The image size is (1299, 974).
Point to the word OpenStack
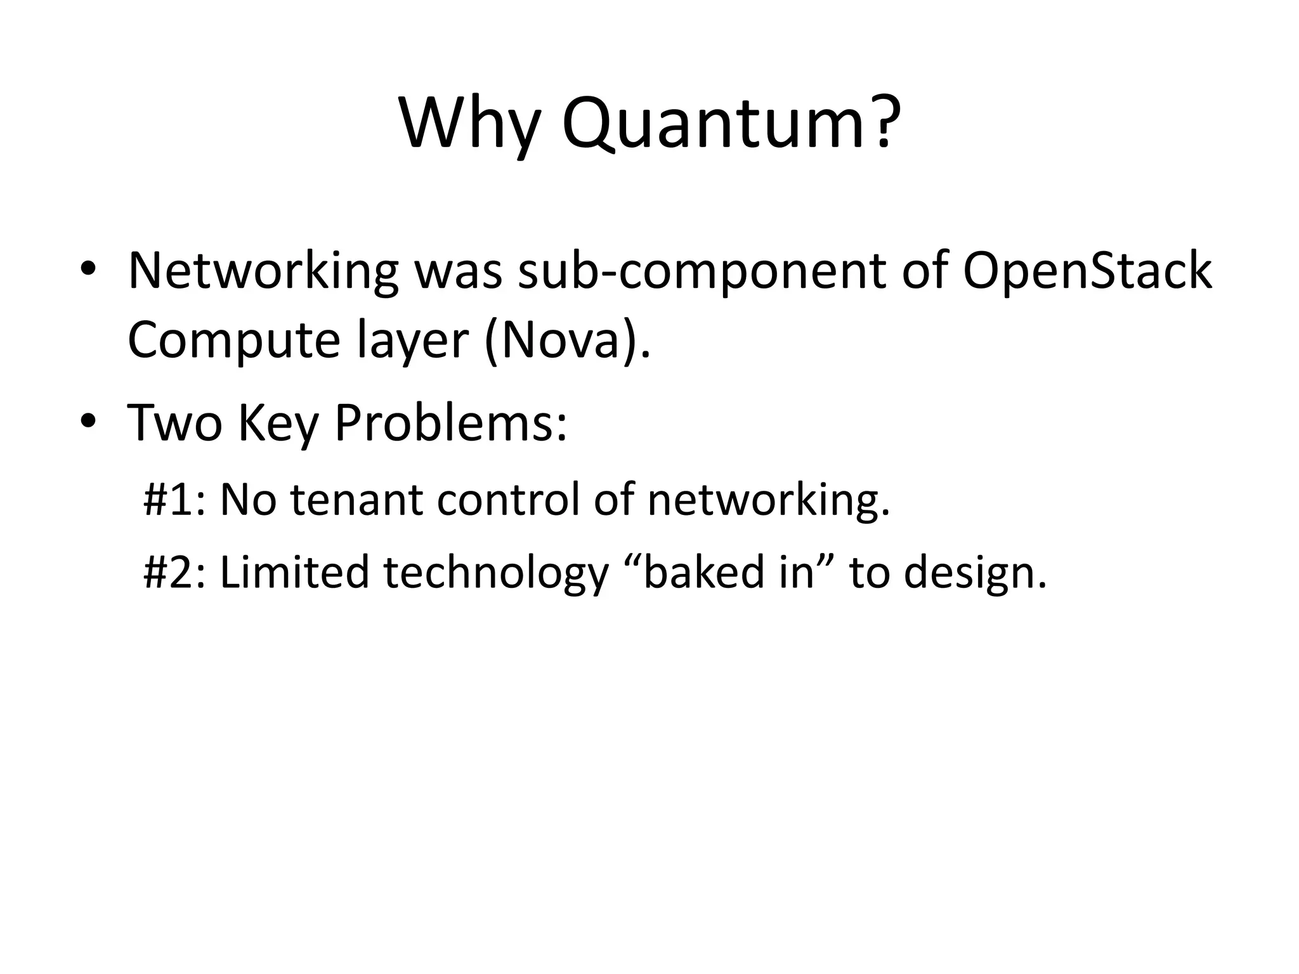click(1087, 271)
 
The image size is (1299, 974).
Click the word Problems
click(450, 422)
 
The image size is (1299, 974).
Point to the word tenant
click(356, 499)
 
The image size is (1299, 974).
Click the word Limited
click(294, 572)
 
